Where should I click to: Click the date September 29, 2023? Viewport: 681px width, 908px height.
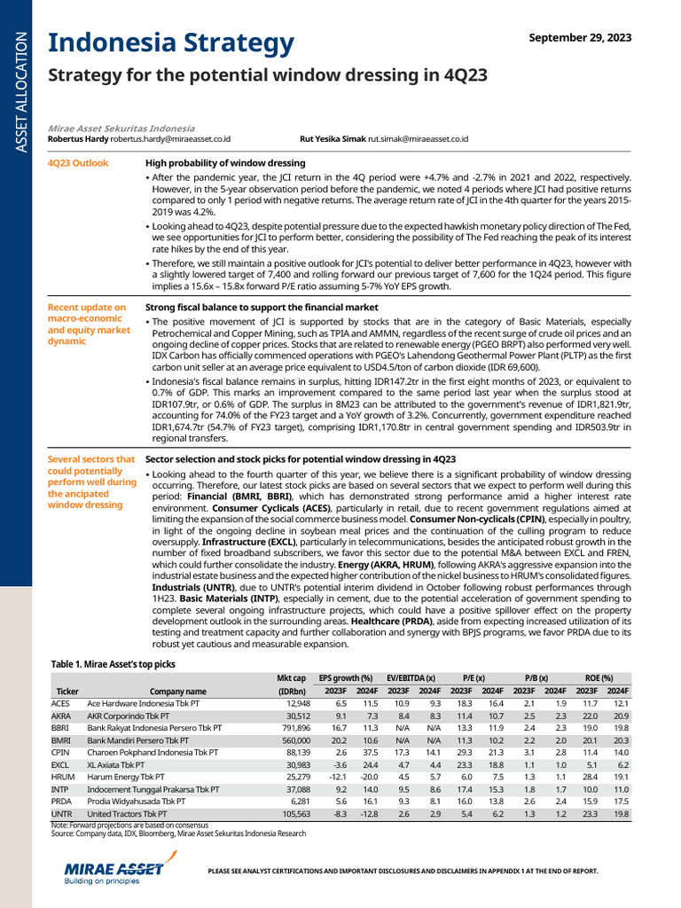pyautogui.click(x=581, y=37)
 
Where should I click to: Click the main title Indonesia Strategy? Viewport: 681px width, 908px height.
pyautogui.click(x=169, y=42)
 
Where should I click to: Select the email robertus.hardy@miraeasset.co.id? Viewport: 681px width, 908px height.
pyautogui.click(x=170, y=139)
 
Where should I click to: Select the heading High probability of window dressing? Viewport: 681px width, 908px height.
pyautogui.click(x=225, y=163)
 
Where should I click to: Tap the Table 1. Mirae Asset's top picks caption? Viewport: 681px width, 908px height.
pyautogui.click(x=113, y=663)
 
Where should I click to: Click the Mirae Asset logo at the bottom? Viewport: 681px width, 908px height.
pyautogui.click(x=115, y=869)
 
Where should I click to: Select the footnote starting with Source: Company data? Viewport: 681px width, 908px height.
pyautogui.click(x=178, y=834)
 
